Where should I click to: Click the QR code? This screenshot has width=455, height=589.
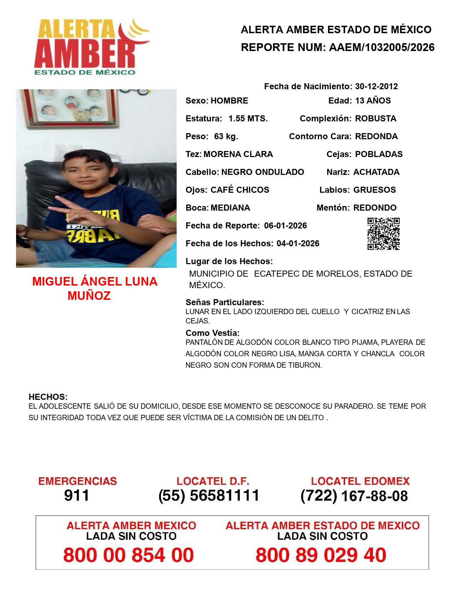pos(383,234)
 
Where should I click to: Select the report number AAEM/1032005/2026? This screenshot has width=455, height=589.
pos(381,47)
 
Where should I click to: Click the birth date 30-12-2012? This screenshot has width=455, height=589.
pos(376,86)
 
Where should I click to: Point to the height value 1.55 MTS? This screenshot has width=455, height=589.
pos(248,119)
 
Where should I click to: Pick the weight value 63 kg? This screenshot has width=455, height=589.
pos(226,136)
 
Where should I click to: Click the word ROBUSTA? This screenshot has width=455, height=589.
pos(375,119)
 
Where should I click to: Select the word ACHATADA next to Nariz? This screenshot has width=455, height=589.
pos(376,172)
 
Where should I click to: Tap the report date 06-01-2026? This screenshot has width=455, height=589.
pos(285,226)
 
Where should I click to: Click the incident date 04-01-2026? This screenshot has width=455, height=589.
pos(298,243)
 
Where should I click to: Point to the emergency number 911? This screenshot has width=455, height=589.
pos(76,495)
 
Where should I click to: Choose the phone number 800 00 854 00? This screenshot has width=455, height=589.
pos(128,555)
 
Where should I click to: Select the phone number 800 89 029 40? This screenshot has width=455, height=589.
pos(321,555)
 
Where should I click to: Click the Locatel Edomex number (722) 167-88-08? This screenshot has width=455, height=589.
pos(354,496)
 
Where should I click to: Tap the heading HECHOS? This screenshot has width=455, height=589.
pos(48,397)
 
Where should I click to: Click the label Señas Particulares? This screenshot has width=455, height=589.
pos(224,302)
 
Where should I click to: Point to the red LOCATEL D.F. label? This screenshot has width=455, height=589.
pos(213,481)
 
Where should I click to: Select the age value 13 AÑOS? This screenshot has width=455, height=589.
pos(373,101)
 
